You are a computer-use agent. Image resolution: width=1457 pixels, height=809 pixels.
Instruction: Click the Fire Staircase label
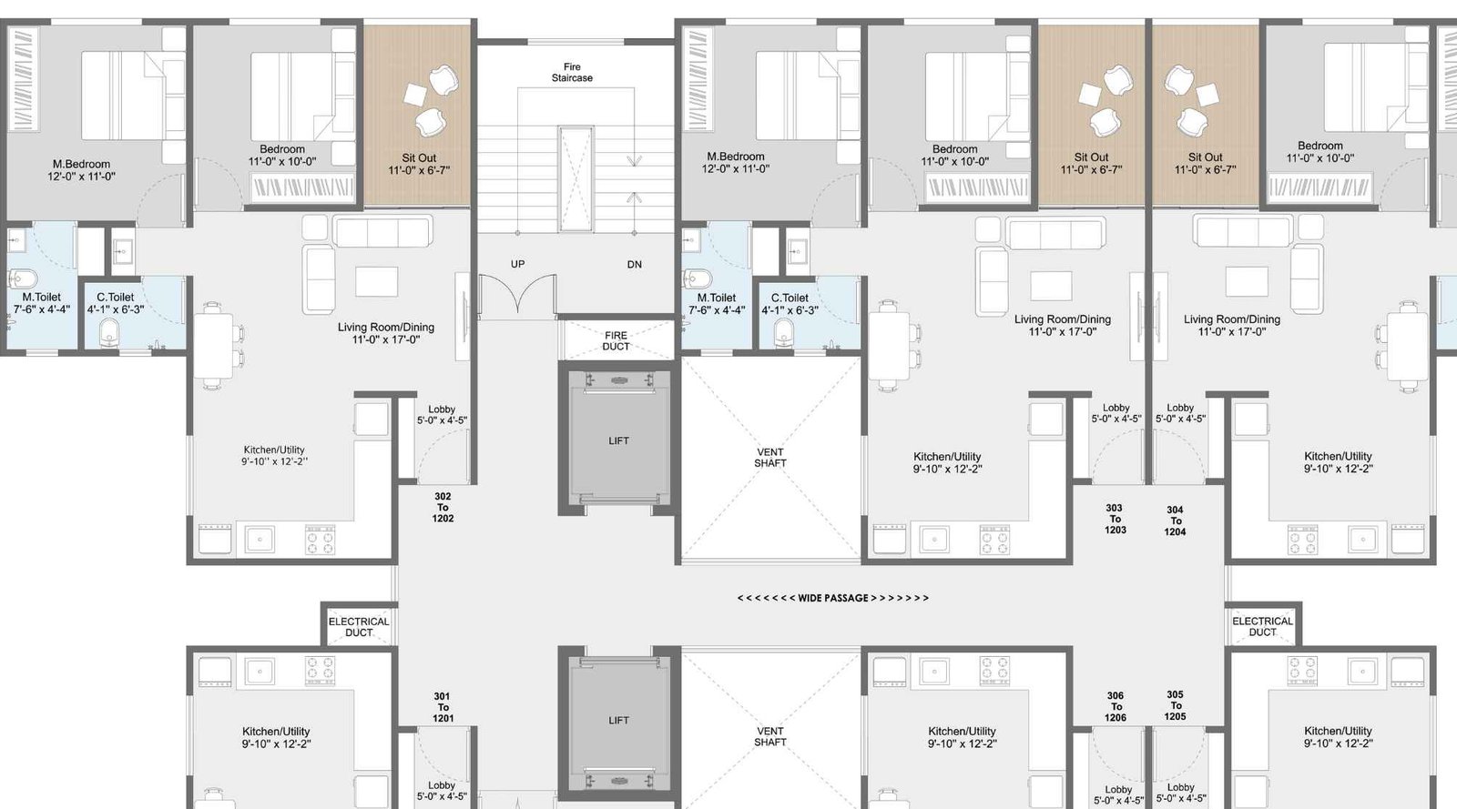[572, 72]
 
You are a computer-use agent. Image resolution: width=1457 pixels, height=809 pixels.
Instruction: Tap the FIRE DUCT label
[616, 341]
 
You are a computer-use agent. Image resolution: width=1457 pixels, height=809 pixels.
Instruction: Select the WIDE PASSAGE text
[832, 598]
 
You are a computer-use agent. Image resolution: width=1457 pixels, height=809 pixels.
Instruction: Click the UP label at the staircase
[518, 264]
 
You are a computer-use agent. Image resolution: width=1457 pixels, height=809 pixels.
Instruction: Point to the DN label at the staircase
[634, 265]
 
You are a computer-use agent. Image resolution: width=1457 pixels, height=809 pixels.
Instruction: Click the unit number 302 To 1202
[443, 508]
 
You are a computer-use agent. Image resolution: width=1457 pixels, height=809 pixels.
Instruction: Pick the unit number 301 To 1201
[443, 707]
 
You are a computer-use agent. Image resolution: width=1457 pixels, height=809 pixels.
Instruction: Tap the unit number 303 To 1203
[1116, 520]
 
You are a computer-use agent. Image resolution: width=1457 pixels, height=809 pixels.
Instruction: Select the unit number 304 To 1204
[1176, 521]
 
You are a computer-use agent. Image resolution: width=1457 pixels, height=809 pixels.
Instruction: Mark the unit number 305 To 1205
[1176, 705]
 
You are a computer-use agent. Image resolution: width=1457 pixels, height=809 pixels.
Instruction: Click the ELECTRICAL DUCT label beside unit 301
[359, 627]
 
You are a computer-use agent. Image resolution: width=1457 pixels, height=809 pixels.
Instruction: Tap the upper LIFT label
[618, 440]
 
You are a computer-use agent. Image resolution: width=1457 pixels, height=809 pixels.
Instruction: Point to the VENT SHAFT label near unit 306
[770, 736]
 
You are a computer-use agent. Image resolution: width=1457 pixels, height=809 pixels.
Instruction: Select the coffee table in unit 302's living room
[377, 281]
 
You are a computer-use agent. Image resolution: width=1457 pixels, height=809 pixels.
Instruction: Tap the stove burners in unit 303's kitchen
[994, 540]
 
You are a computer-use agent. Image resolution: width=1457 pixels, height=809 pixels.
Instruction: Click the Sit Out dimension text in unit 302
[419, 170]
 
